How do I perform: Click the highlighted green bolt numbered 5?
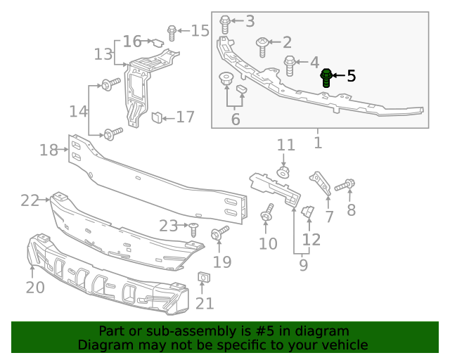tap(327, 77)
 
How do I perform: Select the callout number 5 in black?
tap(351, 76)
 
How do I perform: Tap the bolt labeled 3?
tap(225, 24)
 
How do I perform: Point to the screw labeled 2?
tap(262, 46)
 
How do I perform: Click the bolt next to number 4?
tap(290, 65)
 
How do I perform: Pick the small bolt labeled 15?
tap(172, 32)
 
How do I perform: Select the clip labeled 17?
tap(157, 117)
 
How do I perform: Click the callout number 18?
tap(49, 150)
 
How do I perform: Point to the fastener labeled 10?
tap(267, 214)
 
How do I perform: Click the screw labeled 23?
tap(193, 228)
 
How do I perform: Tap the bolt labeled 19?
tap(220, 231)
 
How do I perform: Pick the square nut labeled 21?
tap(202, 279)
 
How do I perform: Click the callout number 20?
tap(34, 287)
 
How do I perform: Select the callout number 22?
tap(30, 200)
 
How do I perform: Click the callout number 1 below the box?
tap(317, 143)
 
